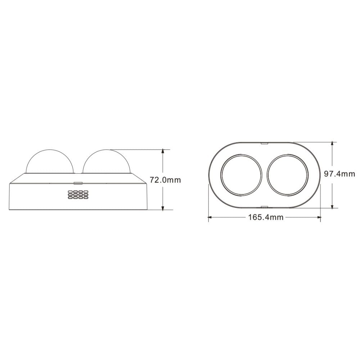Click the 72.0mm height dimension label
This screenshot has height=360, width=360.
click(x=165, y=180)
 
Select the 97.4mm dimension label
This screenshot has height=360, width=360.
click(x=339, y=174)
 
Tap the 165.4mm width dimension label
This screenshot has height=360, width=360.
click(x=266, y=217)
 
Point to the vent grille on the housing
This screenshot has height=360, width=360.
click(x=78, y=194)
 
